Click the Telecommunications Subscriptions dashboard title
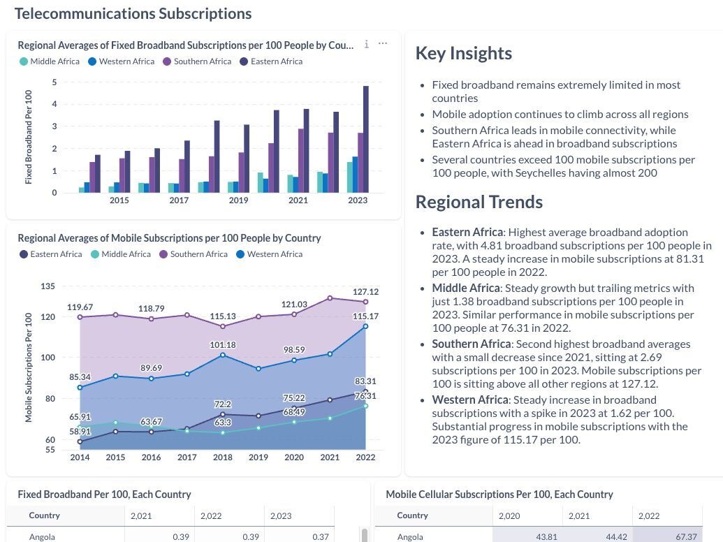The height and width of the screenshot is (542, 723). click(x=133, y=13)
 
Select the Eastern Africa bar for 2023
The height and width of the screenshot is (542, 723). click(x=365, y=140)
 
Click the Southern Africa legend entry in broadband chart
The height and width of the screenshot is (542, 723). click(x=196, y=61)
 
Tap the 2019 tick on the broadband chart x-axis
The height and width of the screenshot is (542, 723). click(x=238, y=200)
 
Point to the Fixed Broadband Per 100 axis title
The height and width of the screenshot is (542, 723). click(x=29, y=137)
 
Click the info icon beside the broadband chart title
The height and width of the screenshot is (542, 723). click(x=367, y=44)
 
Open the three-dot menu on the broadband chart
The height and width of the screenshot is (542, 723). click(x=383, y=44)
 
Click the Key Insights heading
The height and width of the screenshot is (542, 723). click(x=463, y=54)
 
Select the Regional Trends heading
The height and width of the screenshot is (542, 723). click(x=479, y=202)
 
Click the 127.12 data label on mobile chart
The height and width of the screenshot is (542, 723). click(x=365, y=292)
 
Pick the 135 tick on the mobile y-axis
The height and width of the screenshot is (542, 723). click(x=48, y=286)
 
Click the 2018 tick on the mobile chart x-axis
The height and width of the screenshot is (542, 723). click(x=222, y=457)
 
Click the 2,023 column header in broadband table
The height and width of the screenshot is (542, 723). click(x=280, y=516)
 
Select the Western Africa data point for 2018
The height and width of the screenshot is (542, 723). click(x=223, y=355)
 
